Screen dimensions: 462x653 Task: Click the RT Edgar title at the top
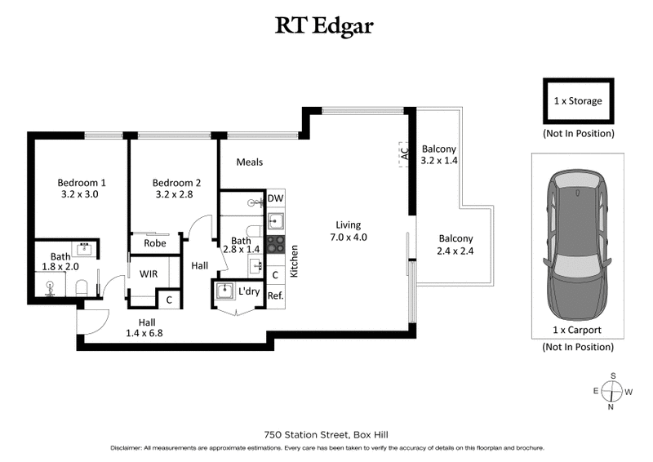[326, 26]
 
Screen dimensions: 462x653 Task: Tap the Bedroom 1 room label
[82, 189]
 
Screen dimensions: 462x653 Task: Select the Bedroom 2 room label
[176, 189]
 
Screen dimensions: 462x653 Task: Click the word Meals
[249, 162]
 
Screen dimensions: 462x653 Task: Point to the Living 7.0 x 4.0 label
[348, 231]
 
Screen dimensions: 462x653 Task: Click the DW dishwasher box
[276, 198]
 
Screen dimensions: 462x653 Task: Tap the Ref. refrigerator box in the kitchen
[276, 295]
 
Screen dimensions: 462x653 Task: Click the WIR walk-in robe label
[148, 274]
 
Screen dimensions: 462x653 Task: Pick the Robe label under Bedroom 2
[155, 243]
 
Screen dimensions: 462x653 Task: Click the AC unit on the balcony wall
[403, 152]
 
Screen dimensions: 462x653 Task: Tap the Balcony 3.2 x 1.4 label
[438, 155]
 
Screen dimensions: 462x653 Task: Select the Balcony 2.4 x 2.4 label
[455, 245]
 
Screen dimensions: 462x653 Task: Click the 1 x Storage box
[578, 102]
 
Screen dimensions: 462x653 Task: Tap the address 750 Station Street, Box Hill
[326, 434]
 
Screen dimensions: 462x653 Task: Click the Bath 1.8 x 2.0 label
[60, 261]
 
